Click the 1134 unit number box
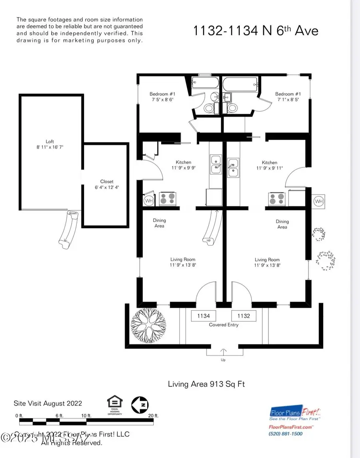coord(204,316)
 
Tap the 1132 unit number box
coord(244,316)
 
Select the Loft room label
coord(50,141)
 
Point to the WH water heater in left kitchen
coord(148,200)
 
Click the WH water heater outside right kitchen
coord(319,201)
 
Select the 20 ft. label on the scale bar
coord(154,416)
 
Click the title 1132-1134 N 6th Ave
coord(256,30)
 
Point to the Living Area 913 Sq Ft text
coord(206,384)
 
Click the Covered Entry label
coord(224,325)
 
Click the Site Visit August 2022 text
coord(48,403)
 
